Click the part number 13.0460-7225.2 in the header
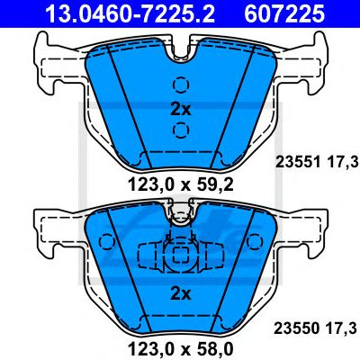[130, 13]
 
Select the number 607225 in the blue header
[284, 13]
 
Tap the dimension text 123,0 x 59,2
[181, 184]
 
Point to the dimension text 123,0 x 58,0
[181, 349]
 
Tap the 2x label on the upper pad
[181, 110]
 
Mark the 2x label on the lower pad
[181, 294]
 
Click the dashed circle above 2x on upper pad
[181, 85]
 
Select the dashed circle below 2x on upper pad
[181, 130]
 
